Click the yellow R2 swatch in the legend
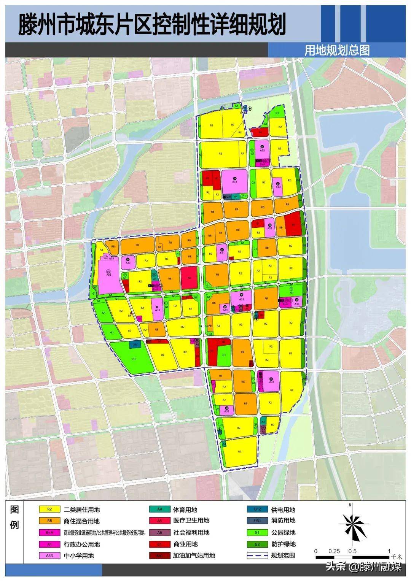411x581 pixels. pos(49,510)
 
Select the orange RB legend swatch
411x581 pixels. pos(49,521)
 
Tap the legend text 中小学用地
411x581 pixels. pos(79,556)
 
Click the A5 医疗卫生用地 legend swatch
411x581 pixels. pos(160,521)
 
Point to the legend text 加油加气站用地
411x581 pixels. pos(194,556)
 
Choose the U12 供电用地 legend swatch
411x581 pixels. pos(258,510)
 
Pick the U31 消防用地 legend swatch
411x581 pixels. pos(258,521)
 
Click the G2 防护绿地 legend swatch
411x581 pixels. pos(258,544)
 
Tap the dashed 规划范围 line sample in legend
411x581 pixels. pos(258,556)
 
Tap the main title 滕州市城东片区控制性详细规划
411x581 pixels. pos(152,24)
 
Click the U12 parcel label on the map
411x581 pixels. pos(135,345)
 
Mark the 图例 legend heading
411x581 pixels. pos(14,518)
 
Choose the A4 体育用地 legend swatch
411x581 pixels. pos(160,510)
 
